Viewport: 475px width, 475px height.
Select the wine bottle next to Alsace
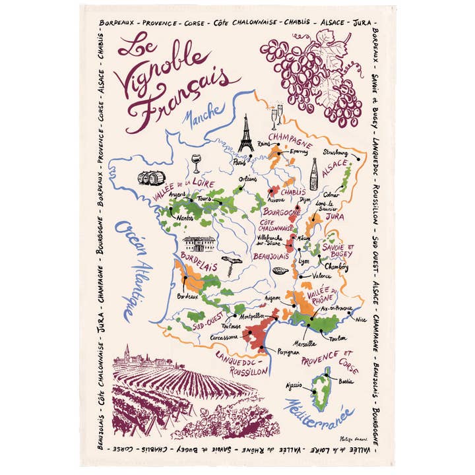tap(314, 174)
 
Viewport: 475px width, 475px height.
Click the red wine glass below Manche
tap(196, 163)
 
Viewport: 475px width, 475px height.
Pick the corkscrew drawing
tap(232, 261)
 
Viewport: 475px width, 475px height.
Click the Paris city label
tap(239, 161)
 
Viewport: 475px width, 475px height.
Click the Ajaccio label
tap(294, 385)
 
